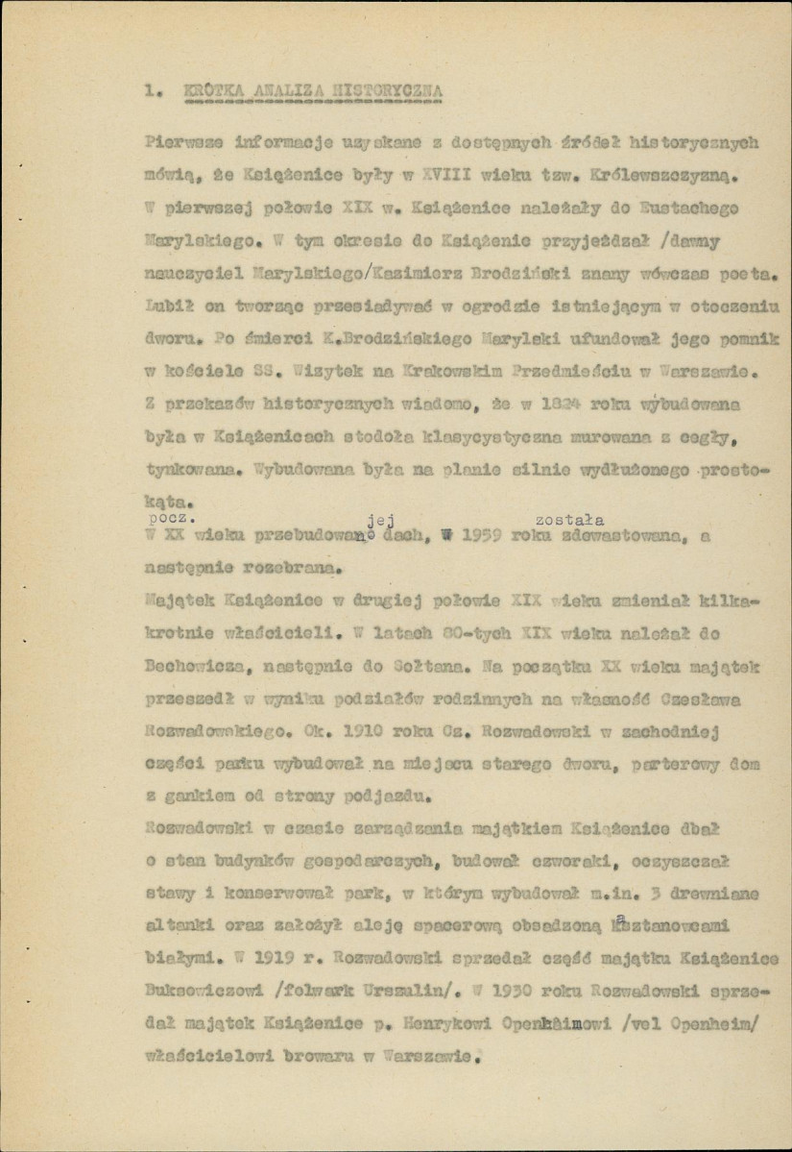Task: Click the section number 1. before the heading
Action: click(150, 92)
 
